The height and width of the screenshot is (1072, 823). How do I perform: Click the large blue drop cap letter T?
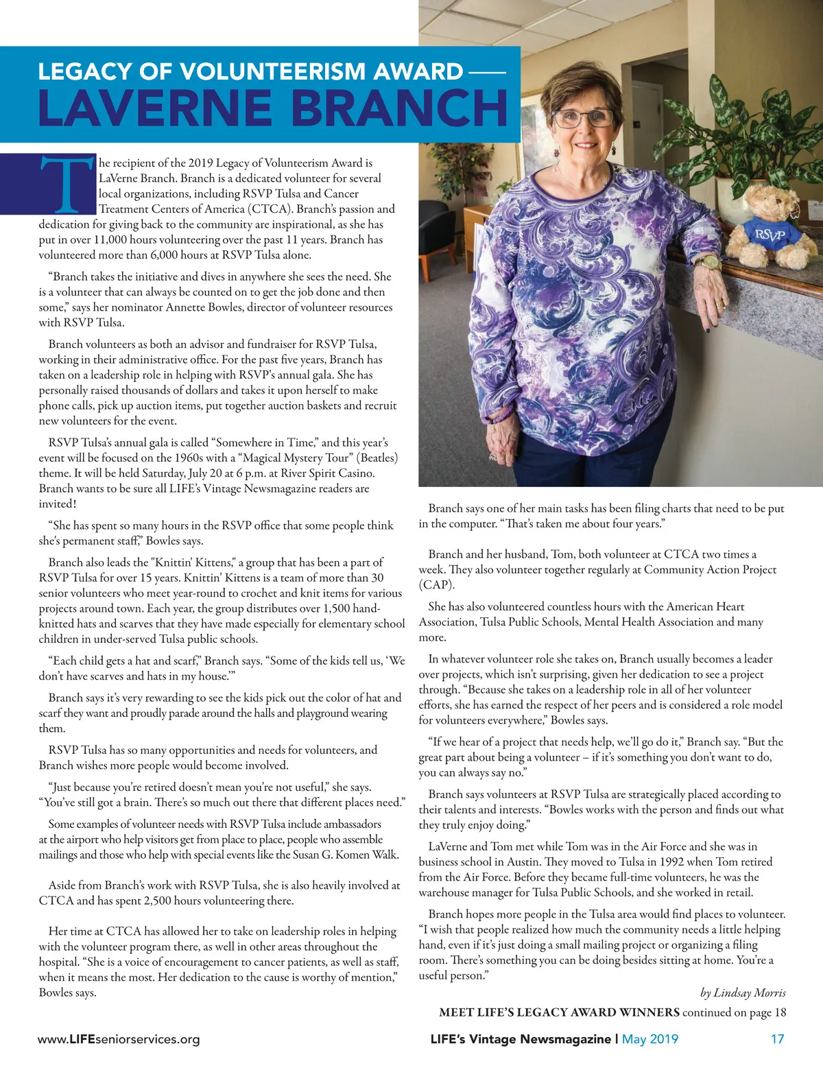tap(67, 184)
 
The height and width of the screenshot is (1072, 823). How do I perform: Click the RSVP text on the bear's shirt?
tap(770, 235)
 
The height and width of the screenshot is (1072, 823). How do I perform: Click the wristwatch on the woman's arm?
tap(709, 262)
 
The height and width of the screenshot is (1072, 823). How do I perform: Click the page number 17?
tap(777, 1039)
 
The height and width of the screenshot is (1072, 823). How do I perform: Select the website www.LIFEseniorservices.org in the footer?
tap(119, 1039)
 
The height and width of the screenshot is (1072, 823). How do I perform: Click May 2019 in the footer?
tap(649, 1039)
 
